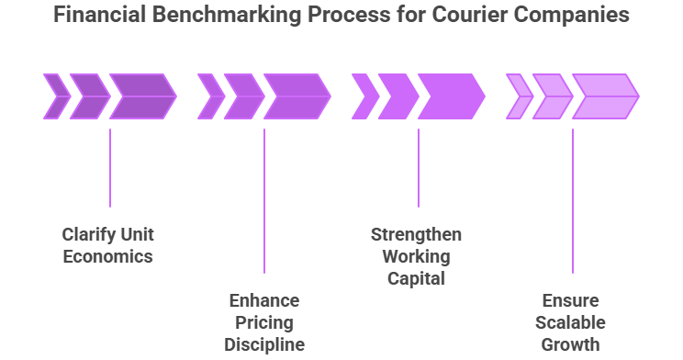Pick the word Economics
tap(107, 256)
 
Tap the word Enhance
tap(263, 300)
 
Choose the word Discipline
tap(263, 344)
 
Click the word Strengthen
tap(417, 233)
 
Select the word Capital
tap(417, 277)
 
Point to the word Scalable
tap(571, 322)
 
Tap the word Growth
tap(571, 344)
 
